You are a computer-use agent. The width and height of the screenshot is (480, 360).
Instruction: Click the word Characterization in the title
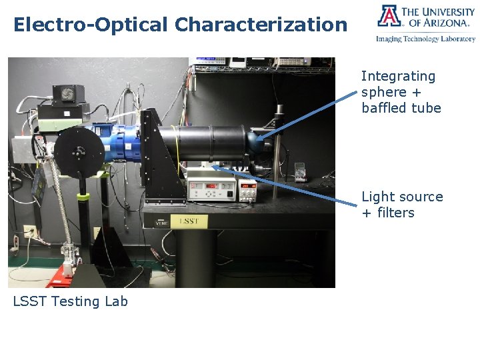[261, 25]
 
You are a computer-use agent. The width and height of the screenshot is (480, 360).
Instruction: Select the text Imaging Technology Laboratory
[425, 39]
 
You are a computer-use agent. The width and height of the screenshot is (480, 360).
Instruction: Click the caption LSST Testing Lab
[70, 301]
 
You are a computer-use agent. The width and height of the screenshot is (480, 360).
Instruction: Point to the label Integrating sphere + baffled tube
[401, 92]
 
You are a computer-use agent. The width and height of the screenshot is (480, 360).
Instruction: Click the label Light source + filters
[401, 205]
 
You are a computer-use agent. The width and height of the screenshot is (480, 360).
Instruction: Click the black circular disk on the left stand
[79, 149]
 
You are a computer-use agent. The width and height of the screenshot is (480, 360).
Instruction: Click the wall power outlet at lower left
[29, 232]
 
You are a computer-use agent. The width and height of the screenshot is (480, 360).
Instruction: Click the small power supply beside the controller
[248, 190]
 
